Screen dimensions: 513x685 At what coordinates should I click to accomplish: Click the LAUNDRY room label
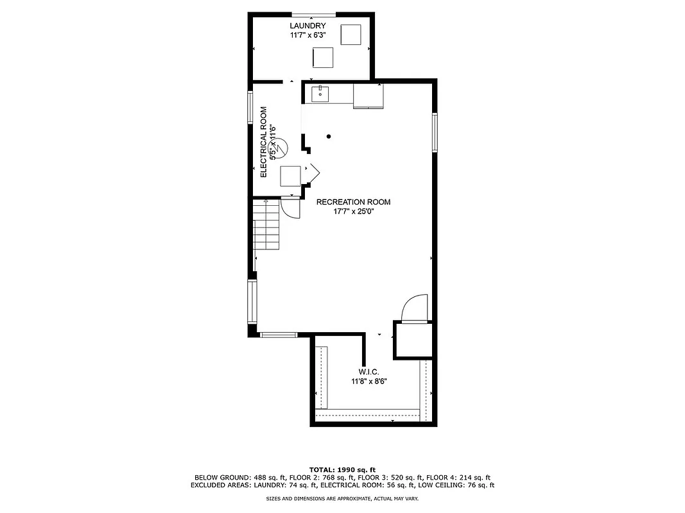coord(302,26)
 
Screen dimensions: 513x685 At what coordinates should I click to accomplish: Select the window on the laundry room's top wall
coord(313,13)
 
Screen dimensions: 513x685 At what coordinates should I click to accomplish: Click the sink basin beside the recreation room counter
coord(320,94)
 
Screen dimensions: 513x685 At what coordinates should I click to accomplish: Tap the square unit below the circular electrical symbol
coord(290,176)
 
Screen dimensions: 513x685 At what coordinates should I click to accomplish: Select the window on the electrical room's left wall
coord(251,107)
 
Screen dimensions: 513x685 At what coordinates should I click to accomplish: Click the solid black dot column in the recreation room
coord(329,136)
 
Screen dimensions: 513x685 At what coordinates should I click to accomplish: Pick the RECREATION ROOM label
coord(353,202)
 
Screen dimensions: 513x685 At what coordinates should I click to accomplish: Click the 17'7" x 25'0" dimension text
coord(353,212)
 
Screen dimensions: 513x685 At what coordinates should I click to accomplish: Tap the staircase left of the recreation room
coord(267,226)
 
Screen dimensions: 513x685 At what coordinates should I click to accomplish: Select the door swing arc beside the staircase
coord(290,208)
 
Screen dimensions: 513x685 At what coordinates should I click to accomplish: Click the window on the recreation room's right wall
coord(435,133)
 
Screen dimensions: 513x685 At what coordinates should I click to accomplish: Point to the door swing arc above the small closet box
coord(414,307)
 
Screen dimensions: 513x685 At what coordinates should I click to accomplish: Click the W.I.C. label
coord(369,372)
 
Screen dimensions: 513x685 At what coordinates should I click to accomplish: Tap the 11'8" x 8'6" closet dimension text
coord(369,382)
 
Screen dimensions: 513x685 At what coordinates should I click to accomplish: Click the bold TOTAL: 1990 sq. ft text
coord(342,469)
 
